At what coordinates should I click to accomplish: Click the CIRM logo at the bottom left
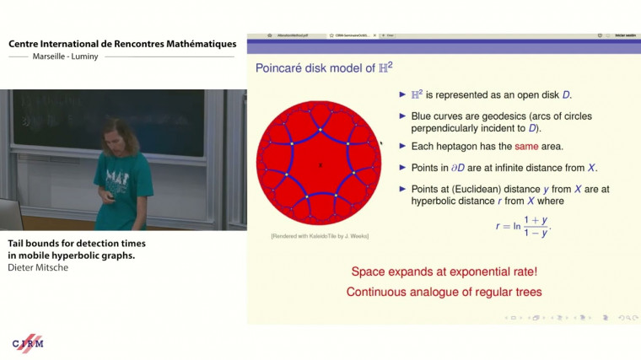pyautogui.click(x=28, y=343)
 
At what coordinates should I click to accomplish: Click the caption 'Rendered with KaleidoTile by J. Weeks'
pyautogui.click(x=320, y=235)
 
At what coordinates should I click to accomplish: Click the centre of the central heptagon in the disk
pyautogui.click(x=320, y=165)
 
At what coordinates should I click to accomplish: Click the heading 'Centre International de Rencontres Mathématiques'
pyautogui.click(x=122, y=44)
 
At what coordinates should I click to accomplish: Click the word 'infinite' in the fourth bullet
pyautogui.click(x=497, y=167)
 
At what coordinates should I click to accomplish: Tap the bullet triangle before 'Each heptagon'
pyautogui.click(x=402, y=147)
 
